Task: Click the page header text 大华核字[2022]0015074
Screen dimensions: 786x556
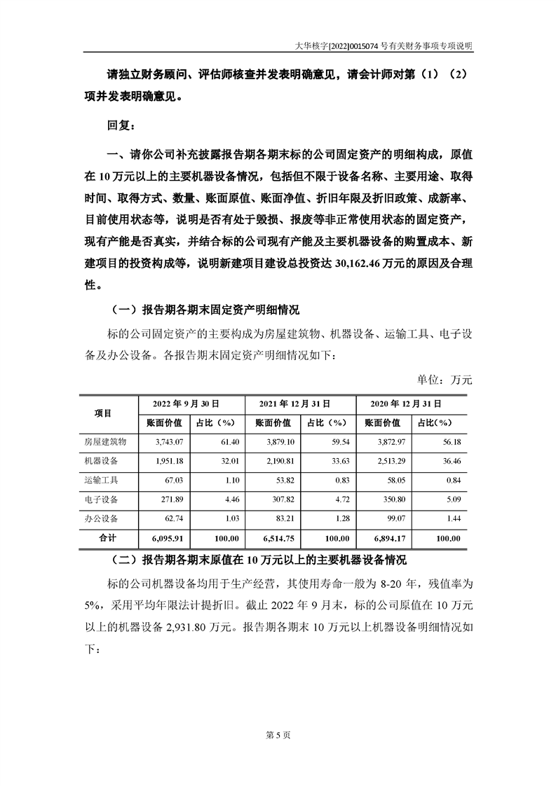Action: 337,45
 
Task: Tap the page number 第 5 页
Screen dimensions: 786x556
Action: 278,734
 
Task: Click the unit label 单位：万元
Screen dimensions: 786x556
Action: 445,380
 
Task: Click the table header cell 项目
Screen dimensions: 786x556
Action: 103,413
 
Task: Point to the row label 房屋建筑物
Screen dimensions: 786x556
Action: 105,442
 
